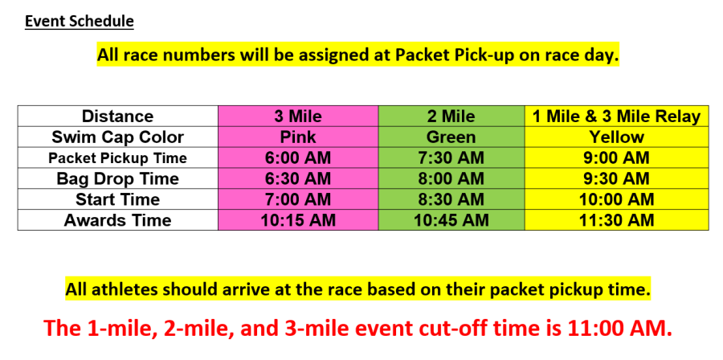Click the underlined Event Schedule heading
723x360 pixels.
pyautogui.click(x=80, y=21)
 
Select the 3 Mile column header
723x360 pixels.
pyautogui.click(x=298, y=117)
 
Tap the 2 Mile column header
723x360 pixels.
pyautogui.click(x=451, y=117)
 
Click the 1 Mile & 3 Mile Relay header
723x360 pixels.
pyautogui.click(x=616, y=117)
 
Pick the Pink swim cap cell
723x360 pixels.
pyautogui.click(x=298, y=137)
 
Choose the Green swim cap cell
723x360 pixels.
pyautogui.click(x=451, y=137)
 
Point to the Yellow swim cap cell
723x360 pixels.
pyautogui.click(x=616, y=137)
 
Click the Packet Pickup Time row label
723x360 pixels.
pyautogui.click(x=117, y=158)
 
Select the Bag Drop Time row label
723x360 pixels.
pyautogui.click(x=117, y=178)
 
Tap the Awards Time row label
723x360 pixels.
pyautogui.click(x=117, y=220)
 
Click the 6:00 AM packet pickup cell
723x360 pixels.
pyautogui.click(x=298, y=157)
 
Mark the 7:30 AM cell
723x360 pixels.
pyautogui.click(x=451, y=157)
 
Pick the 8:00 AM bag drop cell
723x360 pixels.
pyautogui.click(x=451, y=178)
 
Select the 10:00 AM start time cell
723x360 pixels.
pyautogui.click(x=616, y=199)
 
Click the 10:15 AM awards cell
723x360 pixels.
pyautogui.click(x=298, y=220)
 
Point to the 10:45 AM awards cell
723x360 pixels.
pyautogui.click(x=451, y=220)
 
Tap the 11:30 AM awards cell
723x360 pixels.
pyautogui.click(x=616, y=220)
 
